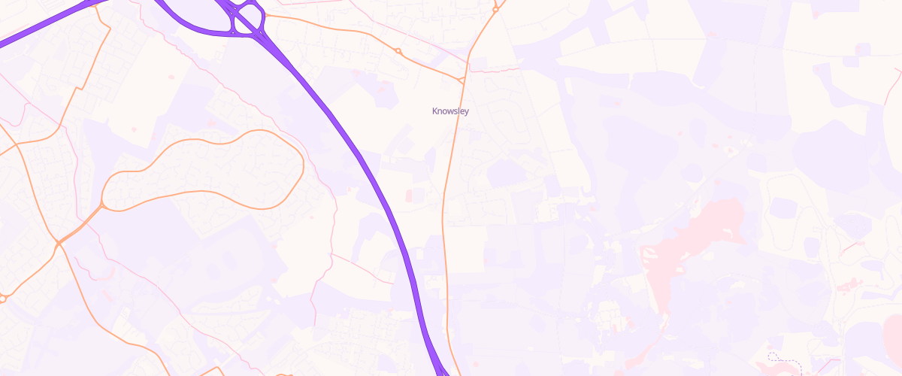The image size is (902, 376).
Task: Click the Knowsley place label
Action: tap(450, 111)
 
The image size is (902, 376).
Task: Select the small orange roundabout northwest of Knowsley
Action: tap(398, 51)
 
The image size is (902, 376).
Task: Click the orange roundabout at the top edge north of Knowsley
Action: tap(495, 9)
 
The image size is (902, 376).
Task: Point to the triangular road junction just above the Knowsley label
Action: tap(462, 78)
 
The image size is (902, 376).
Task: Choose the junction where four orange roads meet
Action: tap(58, 243)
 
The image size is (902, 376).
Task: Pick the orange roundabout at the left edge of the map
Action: tap(2, 299)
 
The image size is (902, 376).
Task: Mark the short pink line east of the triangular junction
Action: tap(496, 69)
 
